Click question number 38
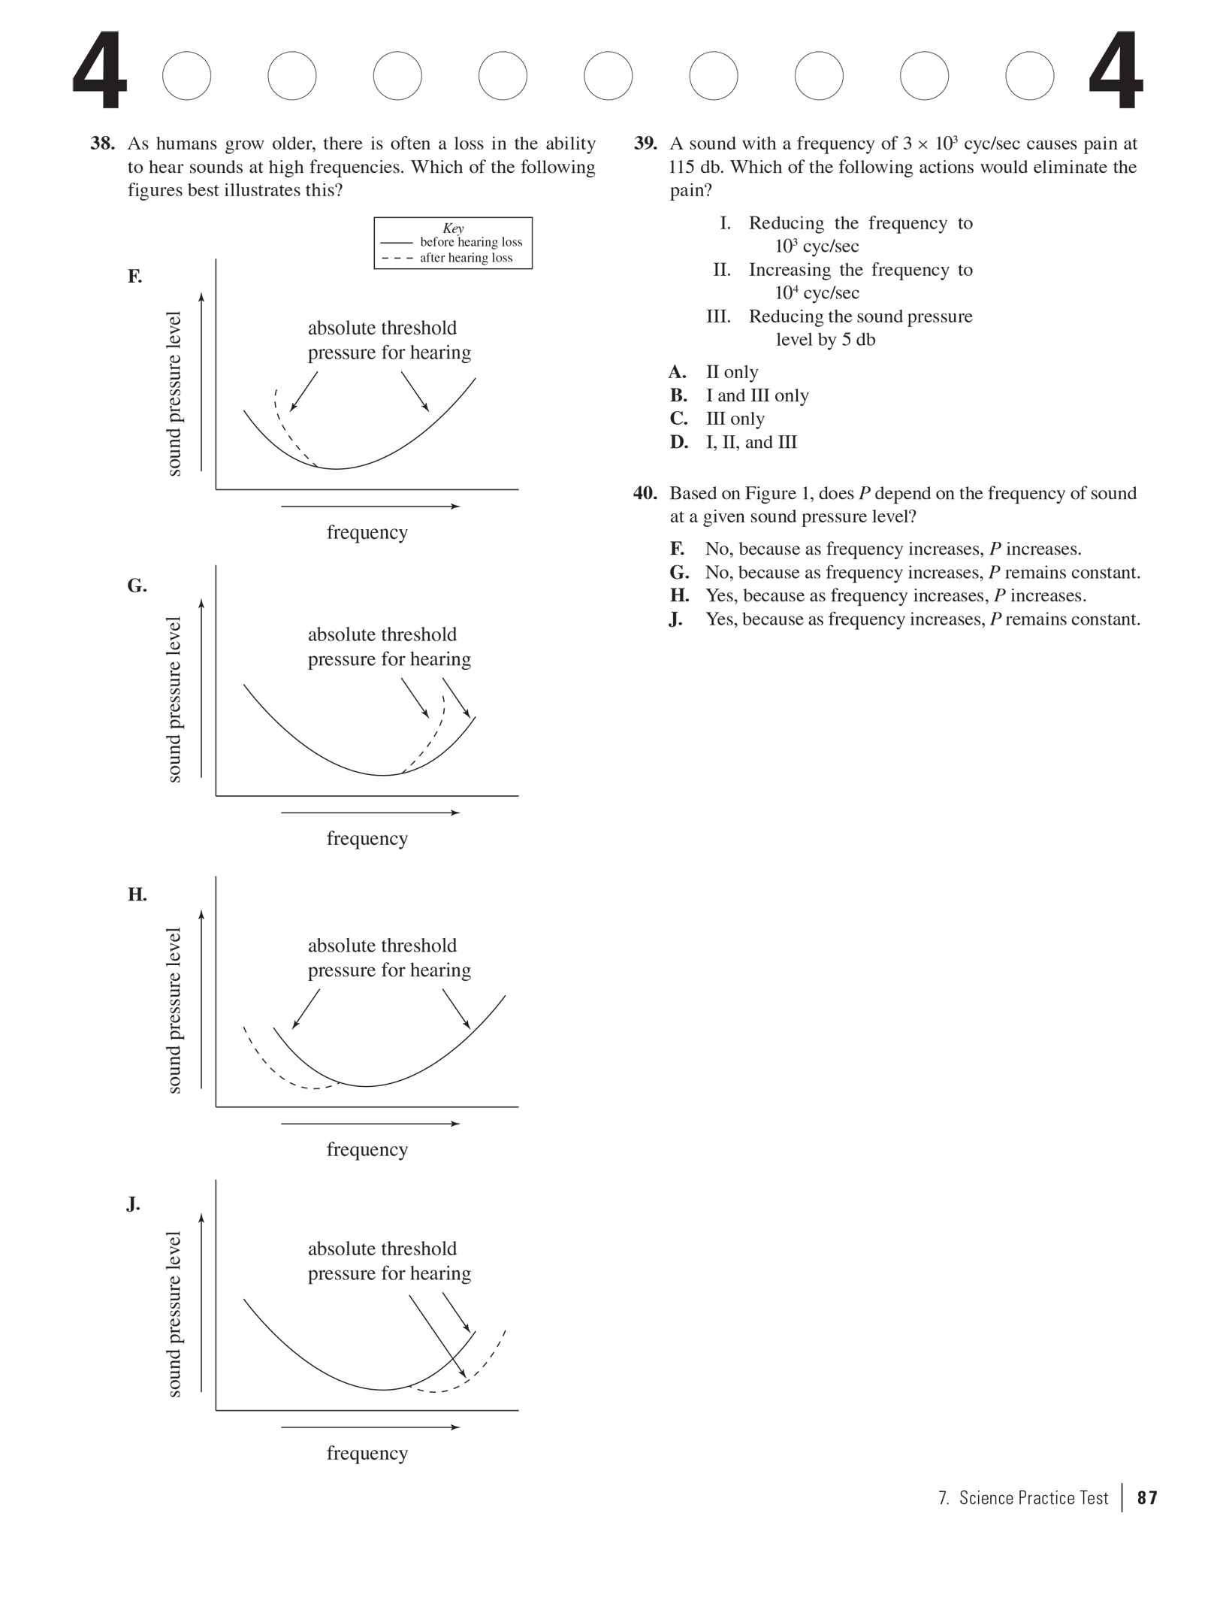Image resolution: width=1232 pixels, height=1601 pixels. pyautogui.click(x=102, y=144)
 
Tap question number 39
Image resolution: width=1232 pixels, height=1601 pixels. pyautogui.click(x=645, y=144)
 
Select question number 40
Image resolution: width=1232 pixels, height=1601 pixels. pyautogui.click(x=645, y=493)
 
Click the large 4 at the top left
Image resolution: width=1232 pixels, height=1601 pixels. pyautogui.click(x=100, y=72)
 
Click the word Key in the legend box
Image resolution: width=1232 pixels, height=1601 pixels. pyautogui.click(x=453, y=228)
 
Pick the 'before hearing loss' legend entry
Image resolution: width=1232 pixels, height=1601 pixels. pyautogui.click(x=470, y=242)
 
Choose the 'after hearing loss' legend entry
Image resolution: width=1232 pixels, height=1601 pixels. pyautogui.click(x=466, y=258)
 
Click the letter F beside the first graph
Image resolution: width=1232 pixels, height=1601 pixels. pyautogui.click(x=134, y=277)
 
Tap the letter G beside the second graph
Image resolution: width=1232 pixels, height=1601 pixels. pyautogui.click(x=137, y=586)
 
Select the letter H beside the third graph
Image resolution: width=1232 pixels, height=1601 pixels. pyautogui.click(x=137, y=894)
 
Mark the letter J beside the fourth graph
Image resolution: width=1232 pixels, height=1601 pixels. pyautogui.click(x=133, y=1204)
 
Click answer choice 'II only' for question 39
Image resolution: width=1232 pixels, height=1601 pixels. pyautogui.click(x=732, y=372)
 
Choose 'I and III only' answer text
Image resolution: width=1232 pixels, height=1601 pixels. pyautogui.click(x=756, y=395)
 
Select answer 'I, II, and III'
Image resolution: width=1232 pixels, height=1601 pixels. pyautogui.click(x=750, y=442)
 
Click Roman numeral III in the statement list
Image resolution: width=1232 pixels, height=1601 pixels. pyautogui.click(x=718, y=316)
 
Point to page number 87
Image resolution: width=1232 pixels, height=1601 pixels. pyautogui.click(x=1147, y=1498)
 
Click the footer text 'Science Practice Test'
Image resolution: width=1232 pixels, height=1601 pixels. pyautogui.click(x=1033, y=1498)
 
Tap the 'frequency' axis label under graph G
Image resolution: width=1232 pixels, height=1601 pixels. pyautogui.click(x=367, y=838)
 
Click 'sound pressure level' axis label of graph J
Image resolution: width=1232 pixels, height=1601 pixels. pyautogui.click(x=174, y=1314)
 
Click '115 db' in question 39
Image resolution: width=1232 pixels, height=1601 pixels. pyautogui.click(x=693, y=167)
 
